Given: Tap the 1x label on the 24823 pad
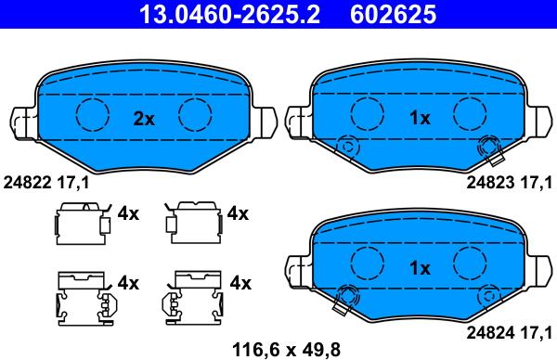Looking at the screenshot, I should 420,118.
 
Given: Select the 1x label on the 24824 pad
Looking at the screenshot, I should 420,268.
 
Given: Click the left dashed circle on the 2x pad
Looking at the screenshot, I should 92,114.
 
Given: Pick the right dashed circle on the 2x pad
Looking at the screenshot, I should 196,114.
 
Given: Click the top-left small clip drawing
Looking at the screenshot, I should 80,221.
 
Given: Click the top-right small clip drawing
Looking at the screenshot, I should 191,221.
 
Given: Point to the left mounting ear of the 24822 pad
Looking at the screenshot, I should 25,122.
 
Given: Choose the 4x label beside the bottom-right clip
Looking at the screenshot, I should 240,281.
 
